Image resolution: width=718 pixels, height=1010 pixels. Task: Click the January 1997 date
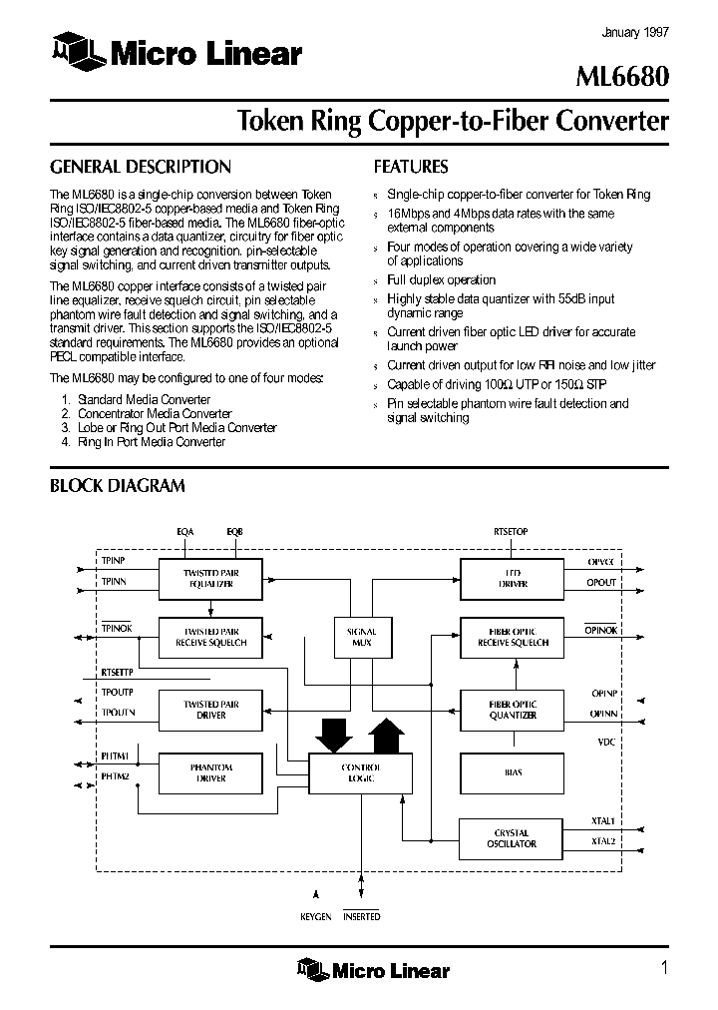(635, 32)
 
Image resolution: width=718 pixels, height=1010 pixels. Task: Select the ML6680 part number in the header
(625, 78)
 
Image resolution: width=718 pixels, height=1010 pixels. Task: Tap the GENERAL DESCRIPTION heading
(140, 167)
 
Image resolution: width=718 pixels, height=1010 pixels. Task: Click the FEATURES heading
(411, 167)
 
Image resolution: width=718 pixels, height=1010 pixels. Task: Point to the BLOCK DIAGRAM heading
(118, 486)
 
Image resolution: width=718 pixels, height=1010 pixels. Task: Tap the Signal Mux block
(361, 637)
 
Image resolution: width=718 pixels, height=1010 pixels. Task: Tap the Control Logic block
(360, 772)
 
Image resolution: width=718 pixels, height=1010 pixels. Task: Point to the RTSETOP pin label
(511, 532)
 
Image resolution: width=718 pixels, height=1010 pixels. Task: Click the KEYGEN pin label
(316, 916)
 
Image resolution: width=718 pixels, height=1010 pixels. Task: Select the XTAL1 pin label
(603, 821)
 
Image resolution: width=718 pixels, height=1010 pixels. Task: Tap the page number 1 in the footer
(663, 966)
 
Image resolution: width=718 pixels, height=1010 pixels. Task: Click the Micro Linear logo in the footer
(373, 969)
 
